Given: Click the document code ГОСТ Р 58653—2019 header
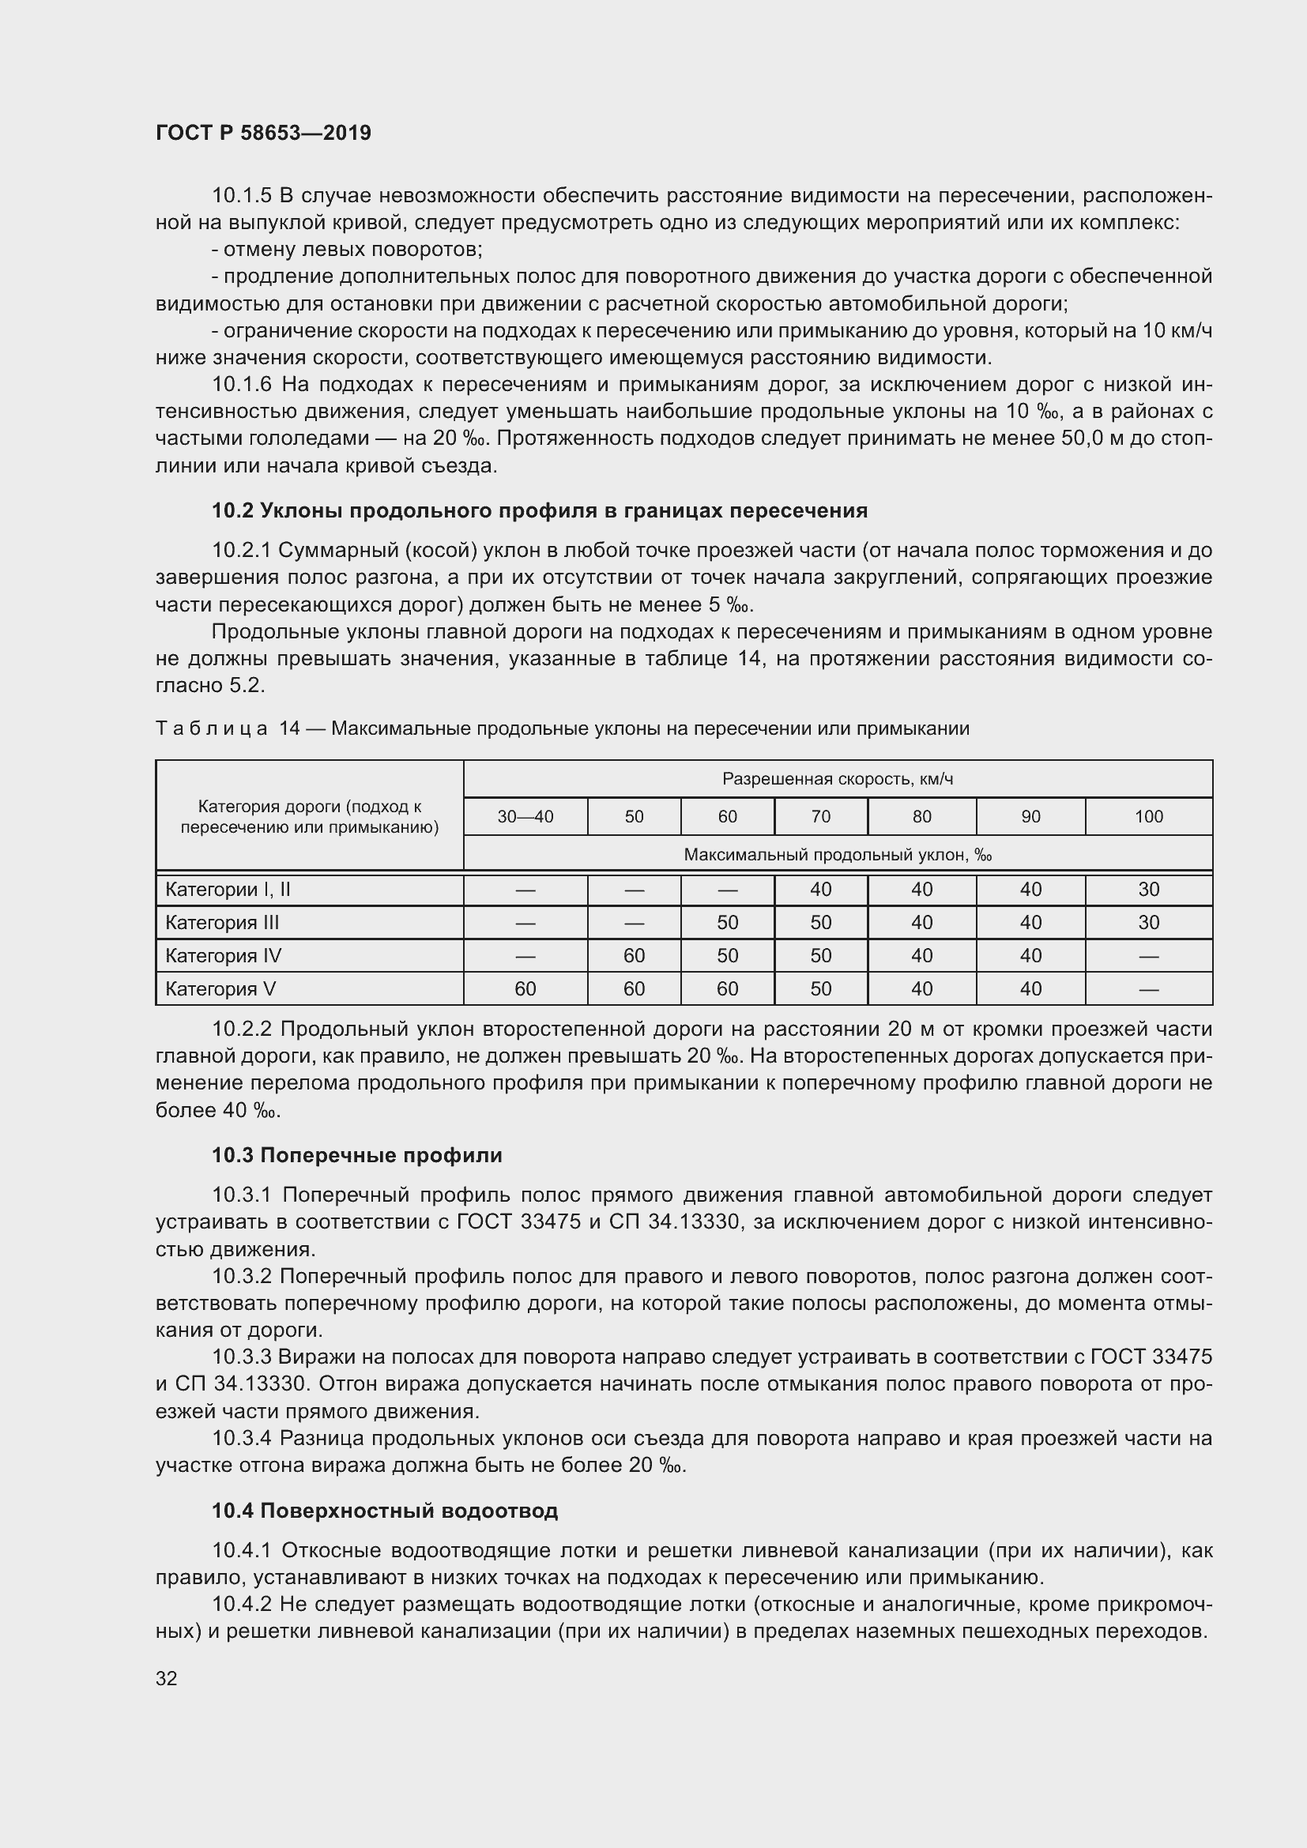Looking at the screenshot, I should [x=263, y=133].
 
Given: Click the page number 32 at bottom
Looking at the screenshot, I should [x=167, y=1678].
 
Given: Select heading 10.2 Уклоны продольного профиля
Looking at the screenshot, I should [x=539, y=510].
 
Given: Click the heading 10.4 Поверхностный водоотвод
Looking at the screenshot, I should [x=385, y=1511].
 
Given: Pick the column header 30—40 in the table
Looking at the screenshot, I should [x=525, y=816].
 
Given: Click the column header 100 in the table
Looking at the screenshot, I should [x=1148, y=816].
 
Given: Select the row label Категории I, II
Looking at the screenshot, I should [x=228, y=890].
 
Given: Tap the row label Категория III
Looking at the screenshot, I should [x=222, y=922].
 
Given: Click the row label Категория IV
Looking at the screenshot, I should [x=223, y=955].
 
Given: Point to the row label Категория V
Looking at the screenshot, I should [x=220, y=988].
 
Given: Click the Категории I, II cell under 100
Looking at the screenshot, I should [x=1148, y=890].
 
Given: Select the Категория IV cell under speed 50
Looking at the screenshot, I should [x=634, y=955].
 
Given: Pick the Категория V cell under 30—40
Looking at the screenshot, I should [x=525, y=988].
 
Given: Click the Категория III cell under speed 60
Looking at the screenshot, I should [x=727, y=922].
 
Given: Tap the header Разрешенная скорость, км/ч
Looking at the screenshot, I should [x=837, y=778].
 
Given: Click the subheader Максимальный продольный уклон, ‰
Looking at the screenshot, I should [x=837, y=854].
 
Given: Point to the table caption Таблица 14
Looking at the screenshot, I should [x=227, y=728].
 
